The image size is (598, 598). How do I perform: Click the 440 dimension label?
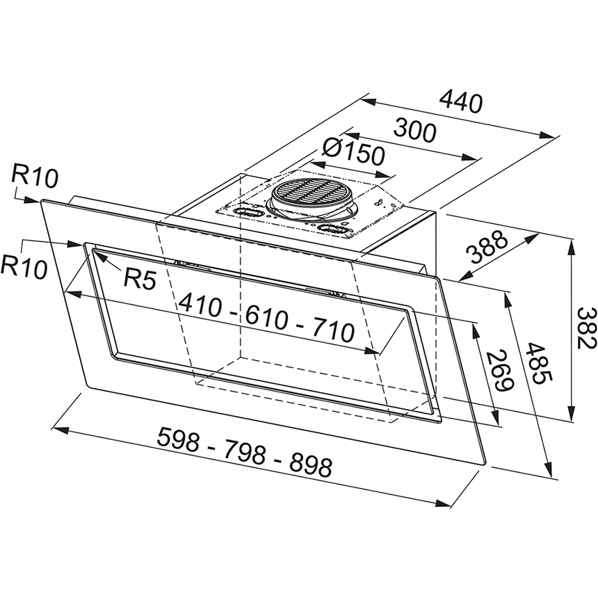tap(461, 102)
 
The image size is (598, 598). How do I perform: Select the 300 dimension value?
tap(414, 131)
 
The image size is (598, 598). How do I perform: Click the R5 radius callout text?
tap(140, 279)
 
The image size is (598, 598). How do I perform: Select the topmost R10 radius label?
tap(35, 176)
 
